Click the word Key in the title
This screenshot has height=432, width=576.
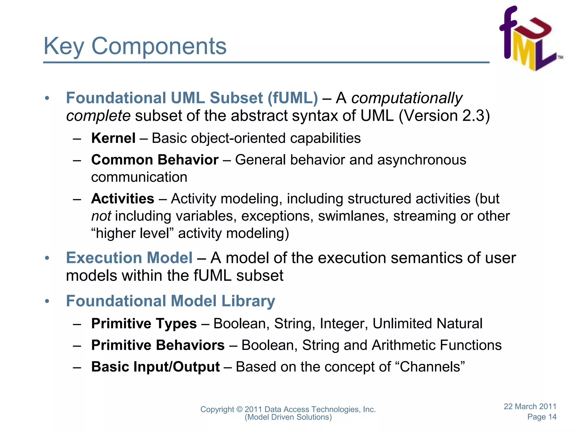coord(64,46)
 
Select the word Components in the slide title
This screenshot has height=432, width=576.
coord(159,46)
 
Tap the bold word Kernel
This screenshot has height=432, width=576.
coord(113,138)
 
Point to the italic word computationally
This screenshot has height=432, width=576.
coord(407,98)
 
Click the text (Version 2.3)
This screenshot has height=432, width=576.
coord(444,116)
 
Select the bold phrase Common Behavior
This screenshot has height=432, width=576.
coord(155,160)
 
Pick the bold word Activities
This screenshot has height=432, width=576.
coord(123,199)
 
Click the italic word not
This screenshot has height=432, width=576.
coord(101,216)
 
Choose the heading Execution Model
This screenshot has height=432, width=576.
coord(129,258)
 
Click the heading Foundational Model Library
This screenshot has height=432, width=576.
coord(170,301)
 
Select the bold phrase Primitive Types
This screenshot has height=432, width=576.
coord(144,323)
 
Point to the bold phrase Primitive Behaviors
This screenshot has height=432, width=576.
coord(158,345)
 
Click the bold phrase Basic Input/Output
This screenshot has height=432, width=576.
coord(155,367)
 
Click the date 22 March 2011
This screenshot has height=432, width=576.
coord(530,406)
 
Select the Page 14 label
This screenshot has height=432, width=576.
coord(542,417)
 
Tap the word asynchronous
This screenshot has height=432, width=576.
coord(422,160)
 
